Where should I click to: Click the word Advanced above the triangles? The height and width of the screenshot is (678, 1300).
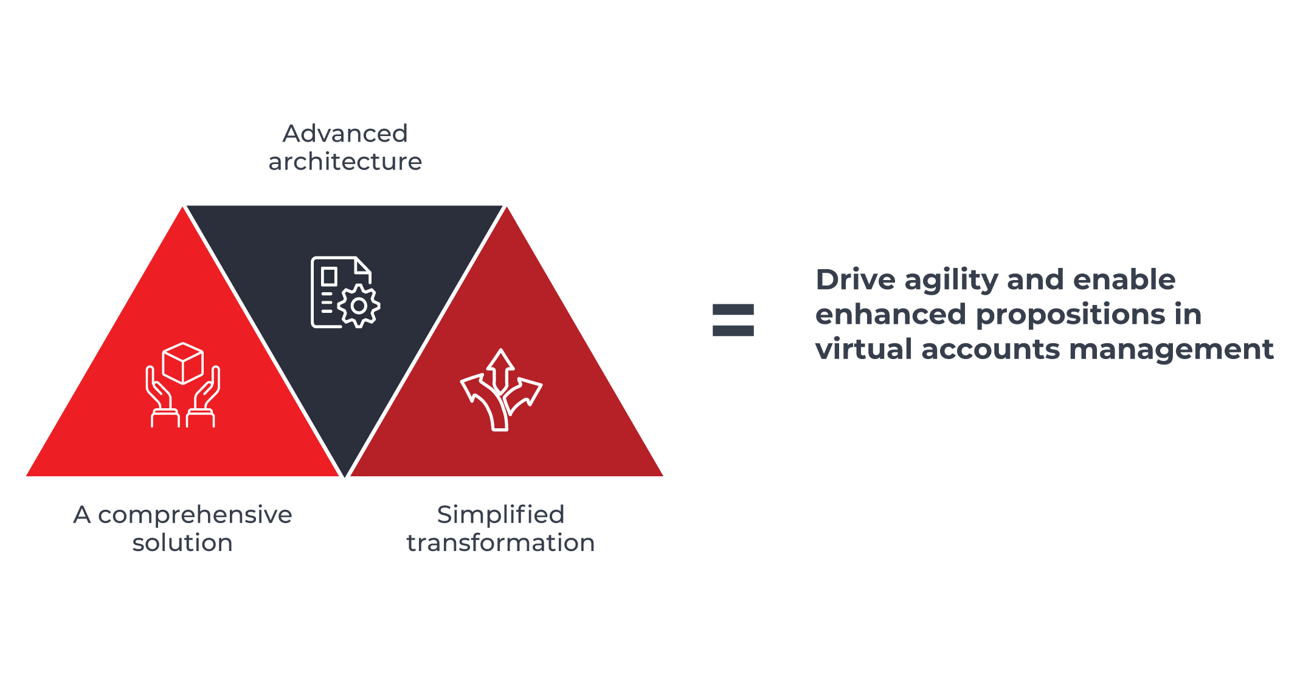point(345,134)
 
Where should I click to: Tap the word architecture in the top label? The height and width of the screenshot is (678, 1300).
point(345,162)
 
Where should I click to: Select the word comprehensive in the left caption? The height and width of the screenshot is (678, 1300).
point(195,515)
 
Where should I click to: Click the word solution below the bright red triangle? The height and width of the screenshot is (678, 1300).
point(182,543)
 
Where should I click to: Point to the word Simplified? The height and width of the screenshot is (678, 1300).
point(500,515)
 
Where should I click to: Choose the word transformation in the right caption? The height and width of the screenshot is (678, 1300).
point(500,543)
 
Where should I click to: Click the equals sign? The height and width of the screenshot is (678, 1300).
point(733,320)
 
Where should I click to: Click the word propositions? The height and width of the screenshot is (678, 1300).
point(1070,315)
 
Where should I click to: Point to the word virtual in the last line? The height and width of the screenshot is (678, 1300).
point(863,349)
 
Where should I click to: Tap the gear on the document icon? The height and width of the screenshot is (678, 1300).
point(359,306)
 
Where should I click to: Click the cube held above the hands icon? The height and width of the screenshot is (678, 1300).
point(182,363)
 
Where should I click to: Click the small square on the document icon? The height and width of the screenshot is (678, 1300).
point(329,276)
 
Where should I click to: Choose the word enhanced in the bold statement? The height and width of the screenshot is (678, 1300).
point(890,315)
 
